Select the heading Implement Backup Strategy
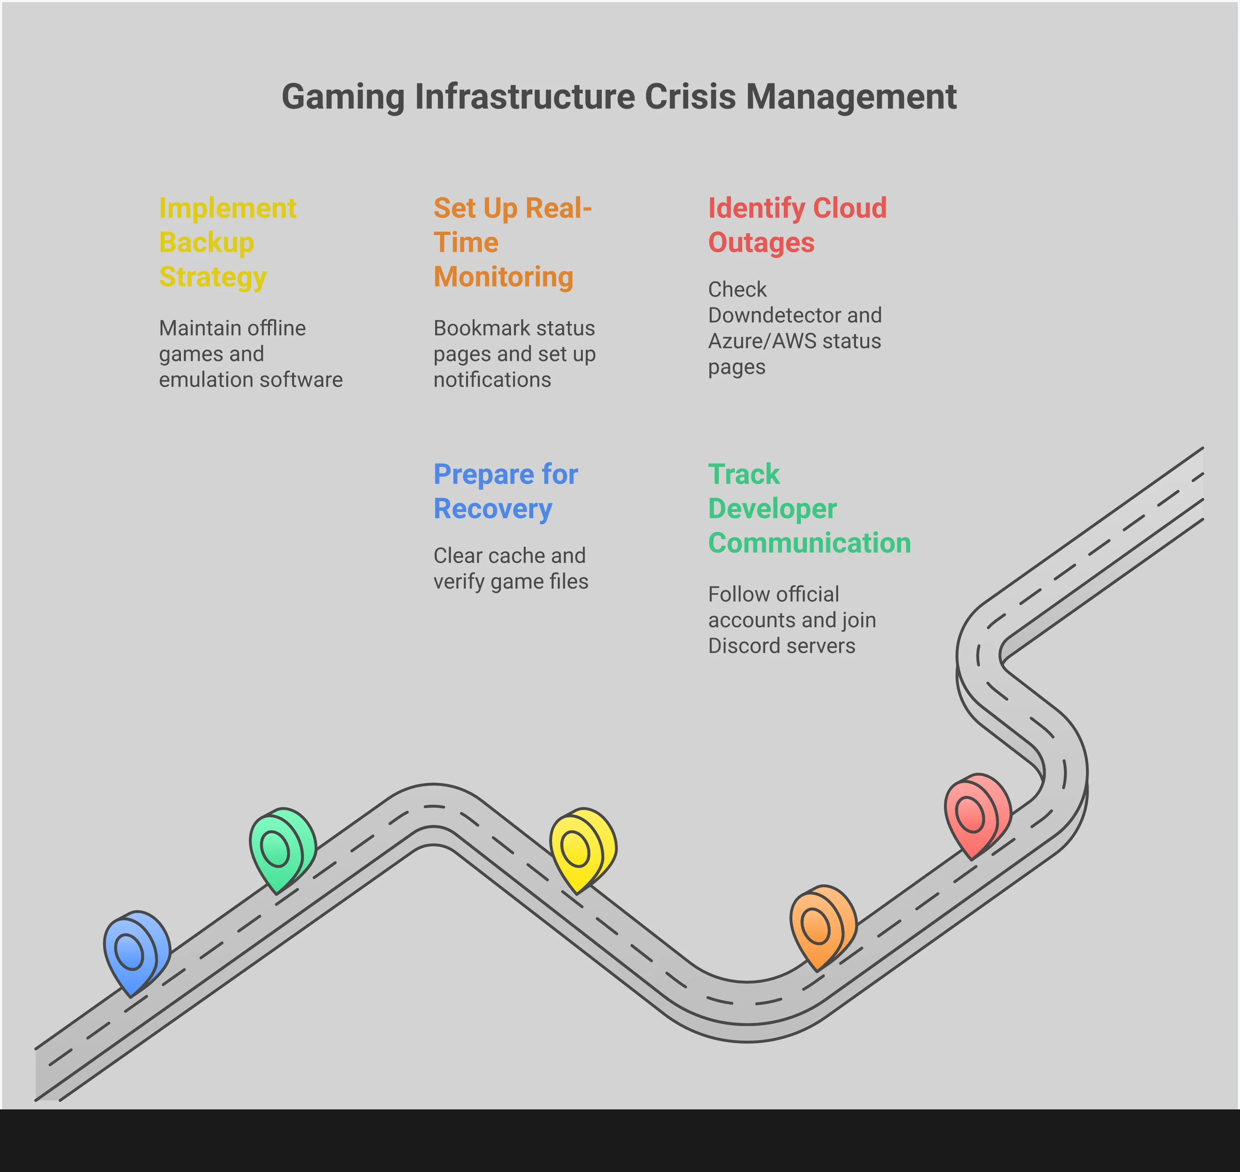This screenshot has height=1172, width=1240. click(x=227, y=243)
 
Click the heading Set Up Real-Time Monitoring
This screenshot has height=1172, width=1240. click(x=512, y=243)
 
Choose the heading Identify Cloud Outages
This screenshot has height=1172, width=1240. click(x=797, y=225)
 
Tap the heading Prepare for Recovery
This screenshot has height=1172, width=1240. click(x=505, y=491)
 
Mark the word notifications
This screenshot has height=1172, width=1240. click(x=492, y=380)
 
